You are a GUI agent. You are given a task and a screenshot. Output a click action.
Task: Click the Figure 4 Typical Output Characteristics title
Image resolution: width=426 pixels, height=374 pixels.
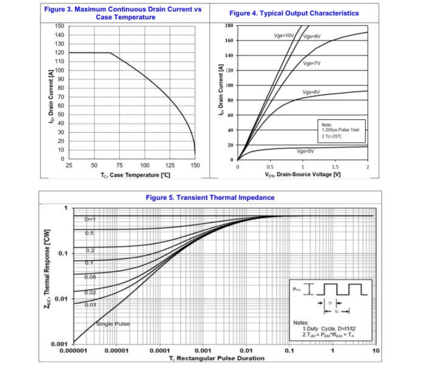coord(294,13)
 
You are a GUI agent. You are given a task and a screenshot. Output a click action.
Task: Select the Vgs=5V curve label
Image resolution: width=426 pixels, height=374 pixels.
coord(305,150)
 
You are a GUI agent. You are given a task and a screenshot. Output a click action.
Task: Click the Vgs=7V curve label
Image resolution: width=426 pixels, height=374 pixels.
coord(312,63)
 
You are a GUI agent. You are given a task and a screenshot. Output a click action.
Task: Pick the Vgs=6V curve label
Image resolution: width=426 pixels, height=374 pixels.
coord(311,92)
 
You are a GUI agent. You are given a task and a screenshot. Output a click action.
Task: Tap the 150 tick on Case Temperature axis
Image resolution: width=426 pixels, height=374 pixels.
coord(195,165)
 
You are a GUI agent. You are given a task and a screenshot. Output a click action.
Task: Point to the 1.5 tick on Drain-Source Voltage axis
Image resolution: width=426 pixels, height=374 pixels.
coord(335,166)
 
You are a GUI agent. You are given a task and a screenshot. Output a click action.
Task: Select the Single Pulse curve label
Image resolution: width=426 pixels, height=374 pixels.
coord(113,324)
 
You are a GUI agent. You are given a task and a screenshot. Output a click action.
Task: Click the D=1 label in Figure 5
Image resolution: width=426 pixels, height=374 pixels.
coord(90,219)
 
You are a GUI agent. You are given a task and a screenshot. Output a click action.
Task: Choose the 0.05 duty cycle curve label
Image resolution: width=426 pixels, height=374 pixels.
coord(90,276)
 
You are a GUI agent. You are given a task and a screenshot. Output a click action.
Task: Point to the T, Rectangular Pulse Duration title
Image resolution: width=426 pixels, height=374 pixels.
coord(217,358)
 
